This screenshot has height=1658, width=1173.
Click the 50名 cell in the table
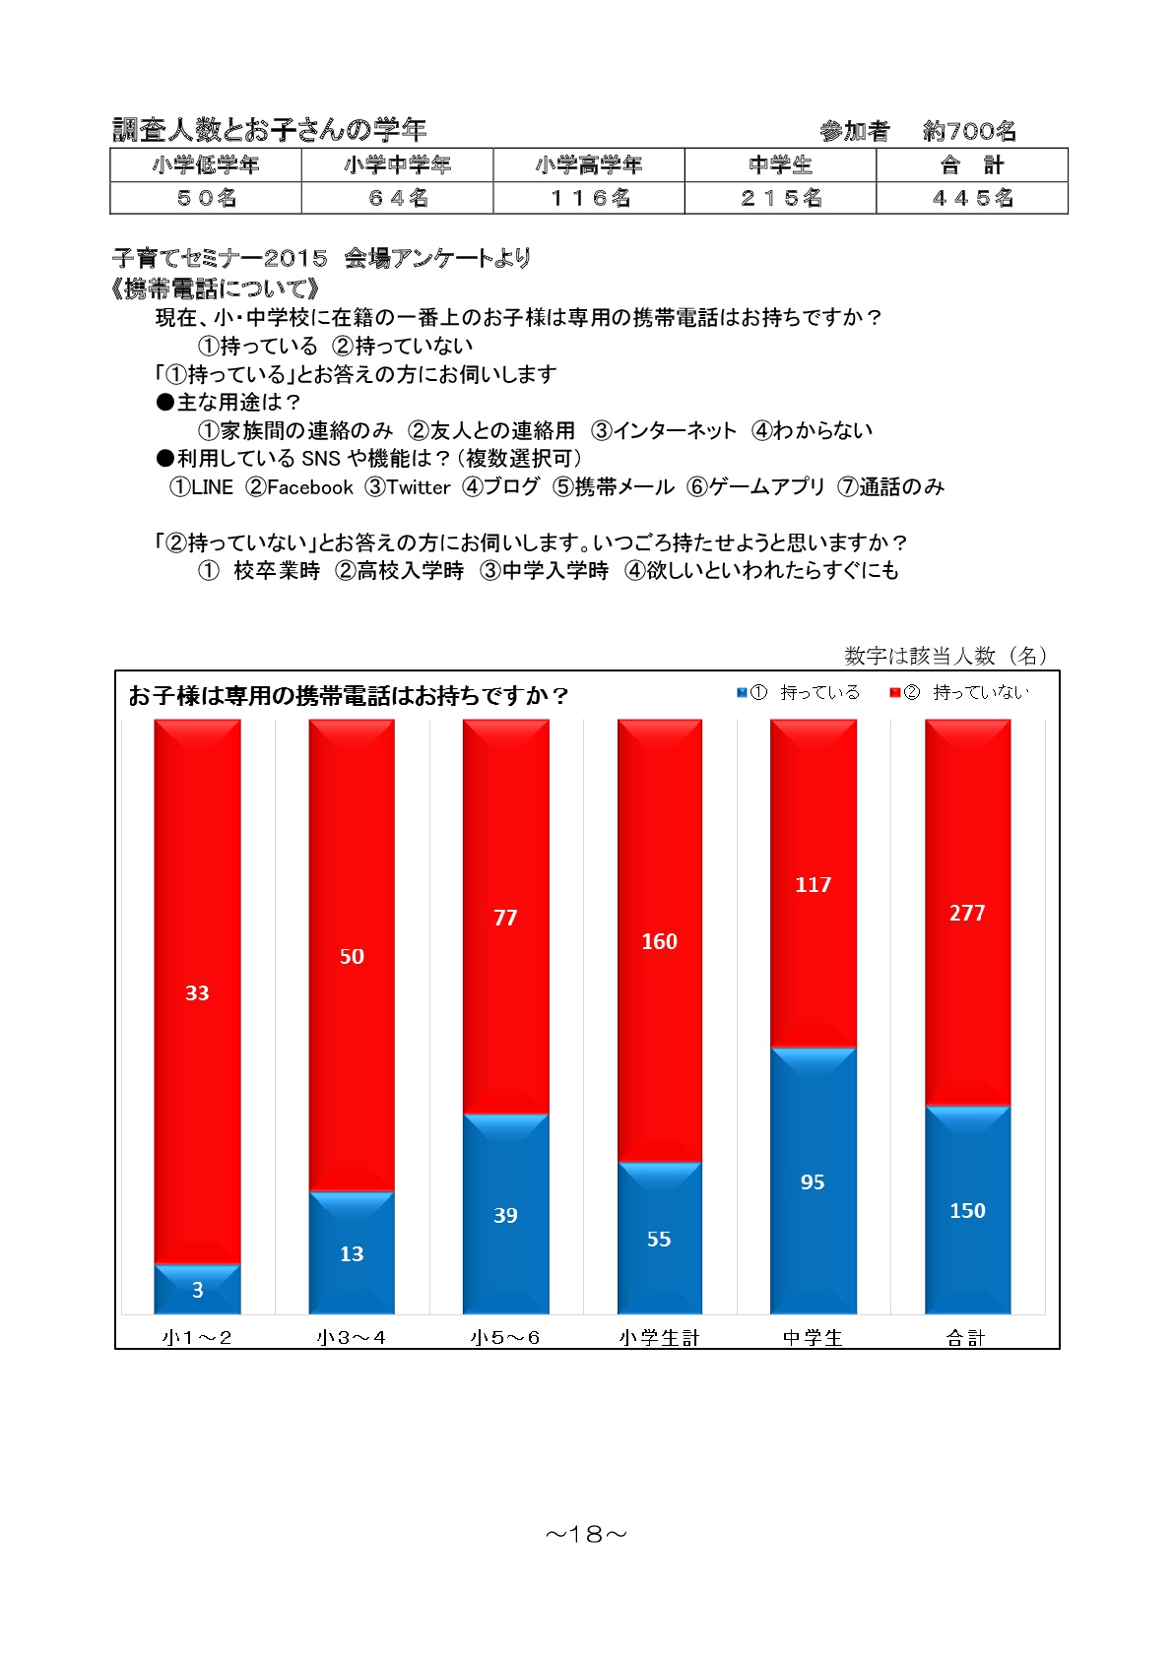click(206, 198)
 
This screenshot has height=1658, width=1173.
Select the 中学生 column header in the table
click(780, 165)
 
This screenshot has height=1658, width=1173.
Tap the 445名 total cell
click(971, 198)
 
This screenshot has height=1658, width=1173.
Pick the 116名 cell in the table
click(589, 198)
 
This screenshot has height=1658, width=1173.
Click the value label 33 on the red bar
click(197, 992)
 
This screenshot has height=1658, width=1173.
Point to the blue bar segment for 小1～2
click(197, 1289)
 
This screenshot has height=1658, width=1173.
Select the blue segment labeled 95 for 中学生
click(814, 1180)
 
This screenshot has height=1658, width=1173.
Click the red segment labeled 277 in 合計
click(967, 912)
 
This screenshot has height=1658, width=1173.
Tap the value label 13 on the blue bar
click(352, 1253)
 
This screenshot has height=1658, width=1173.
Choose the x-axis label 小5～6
click(505, 1337)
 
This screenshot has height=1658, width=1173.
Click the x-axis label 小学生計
click(659, 1337)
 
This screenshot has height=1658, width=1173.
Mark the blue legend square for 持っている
click(742, 692)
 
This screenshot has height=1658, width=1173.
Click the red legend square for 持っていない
click(894, 692)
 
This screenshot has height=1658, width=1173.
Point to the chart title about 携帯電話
click(349, 696)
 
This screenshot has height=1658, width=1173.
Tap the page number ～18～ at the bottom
click(586, 1534)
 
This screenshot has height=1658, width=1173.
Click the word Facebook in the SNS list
click(309, 487)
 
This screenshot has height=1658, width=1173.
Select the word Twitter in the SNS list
click(419, 487)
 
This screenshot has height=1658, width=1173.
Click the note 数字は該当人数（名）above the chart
click(945, 655)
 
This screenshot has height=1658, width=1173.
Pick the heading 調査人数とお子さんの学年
click(269, 130)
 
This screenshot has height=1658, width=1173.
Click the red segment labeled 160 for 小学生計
click(659, 941)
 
